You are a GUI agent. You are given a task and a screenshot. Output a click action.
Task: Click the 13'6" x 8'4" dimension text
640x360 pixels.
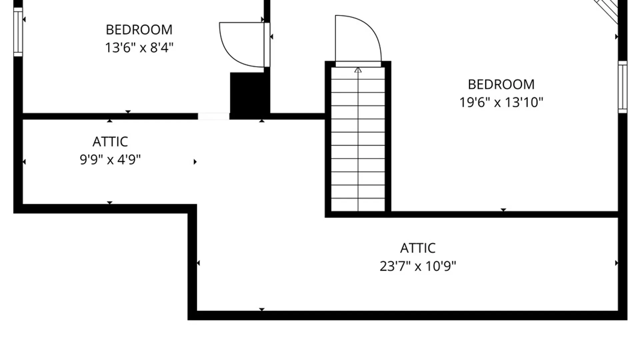(139, 48)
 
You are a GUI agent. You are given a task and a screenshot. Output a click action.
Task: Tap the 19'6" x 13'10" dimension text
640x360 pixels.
(501, 102)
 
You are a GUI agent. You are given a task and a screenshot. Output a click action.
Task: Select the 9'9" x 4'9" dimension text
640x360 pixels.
(110, 160)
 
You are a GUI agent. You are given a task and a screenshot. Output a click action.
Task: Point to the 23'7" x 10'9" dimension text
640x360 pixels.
(418, 266)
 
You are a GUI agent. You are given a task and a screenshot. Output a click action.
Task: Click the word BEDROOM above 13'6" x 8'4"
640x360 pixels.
(139, 30)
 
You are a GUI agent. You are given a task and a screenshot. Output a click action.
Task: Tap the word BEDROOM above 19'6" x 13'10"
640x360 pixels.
(501, 84)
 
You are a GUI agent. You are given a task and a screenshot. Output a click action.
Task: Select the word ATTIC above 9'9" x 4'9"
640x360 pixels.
(110, 142)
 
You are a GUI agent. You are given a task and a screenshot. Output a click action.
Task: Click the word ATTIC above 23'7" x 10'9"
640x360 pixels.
(418, 248)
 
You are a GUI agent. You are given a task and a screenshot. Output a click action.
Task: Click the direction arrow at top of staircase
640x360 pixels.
(358, 70)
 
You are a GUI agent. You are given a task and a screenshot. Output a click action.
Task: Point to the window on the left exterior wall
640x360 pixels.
(18, 32)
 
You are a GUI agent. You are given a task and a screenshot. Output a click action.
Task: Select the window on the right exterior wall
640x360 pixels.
(623, 87)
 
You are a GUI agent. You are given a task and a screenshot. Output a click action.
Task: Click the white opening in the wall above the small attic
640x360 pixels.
(214, 116)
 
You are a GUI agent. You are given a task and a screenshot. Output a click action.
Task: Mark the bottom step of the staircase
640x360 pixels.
(358, 205)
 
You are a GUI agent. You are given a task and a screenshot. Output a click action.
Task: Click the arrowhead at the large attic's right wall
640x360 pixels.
(616, 263)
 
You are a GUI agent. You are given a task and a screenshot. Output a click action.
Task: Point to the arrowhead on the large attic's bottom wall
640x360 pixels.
(262, 310)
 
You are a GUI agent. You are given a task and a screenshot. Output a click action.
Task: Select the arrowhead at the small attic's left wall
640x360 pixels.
(24, 162)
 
